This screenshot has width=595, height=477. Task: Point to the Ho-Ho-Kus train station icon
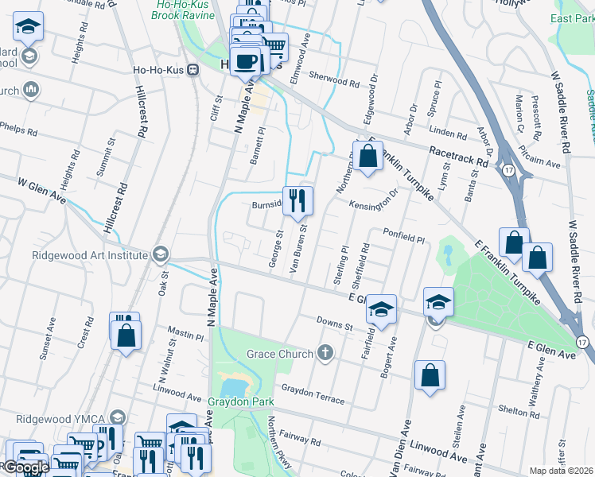[x=191, y=69]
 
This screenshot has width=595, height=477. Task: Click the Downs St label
[x=334, y=324]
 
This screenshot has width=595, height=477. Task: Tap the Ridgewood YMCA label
[x=56, y=418]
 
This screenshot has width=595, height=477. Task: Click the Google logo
[x=25, y=468]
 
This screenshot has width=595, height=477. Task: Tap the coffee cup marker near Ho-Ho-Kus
[x=247, y=60]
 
